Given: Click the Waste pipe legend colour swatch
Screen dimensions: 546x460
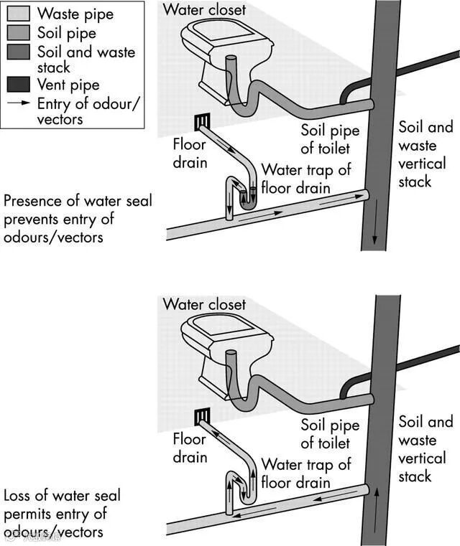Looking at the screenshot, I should click(x=17, y=14).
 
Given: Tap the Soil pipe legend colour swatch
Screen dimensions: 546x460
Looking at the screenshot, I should click(x=17, y=33).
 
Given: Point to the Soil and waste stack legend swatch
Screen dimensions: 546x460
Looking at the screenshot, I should click(x=17, y=52).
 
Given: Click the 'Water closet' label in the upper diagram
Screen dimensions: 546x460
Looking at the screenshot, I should click(x=204, y=9).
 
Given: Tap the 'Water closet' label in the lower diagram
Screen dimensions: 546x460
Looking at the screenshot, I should click(x=204, y=305).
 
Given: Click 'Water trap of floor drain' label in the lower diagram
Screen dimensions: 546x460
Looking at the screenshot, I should click(x=305, y=474).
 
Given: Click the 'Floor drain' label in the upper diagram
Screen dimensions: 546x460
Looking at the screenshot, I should click(x=190, y=153).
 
